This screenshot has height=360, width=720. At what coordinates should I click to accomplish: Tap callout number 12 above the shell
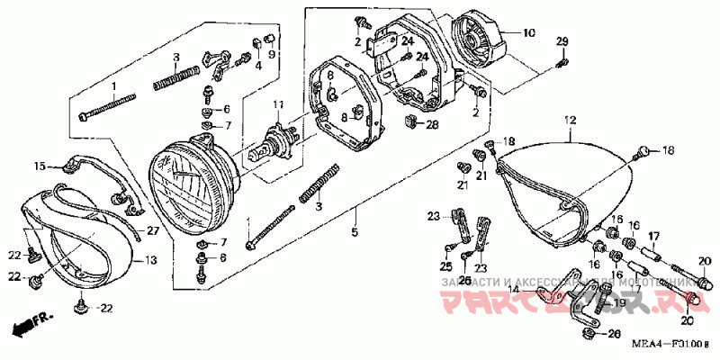click(x=569, y=121)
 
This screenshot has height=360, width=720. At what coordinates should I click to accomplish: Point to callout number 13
click(x=150, y=260)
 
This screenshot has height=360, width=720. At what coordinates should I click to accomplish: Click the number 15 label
click(x=40, y=166)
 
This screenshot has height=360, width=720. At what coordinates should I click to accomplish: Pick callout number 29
click(x=562, y=43)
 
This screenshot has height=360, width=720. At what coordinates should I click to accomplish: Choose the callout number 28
click(x=433, y=124)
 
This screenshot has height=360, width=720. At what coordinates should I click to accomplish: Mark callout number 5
click(x=355, y=234)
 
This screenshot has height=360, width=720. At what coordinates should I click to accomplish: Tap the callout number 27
click(x=152, y=231)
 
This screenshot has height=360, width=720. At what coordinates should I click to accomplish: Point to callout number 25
click(x=445, y=267)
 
